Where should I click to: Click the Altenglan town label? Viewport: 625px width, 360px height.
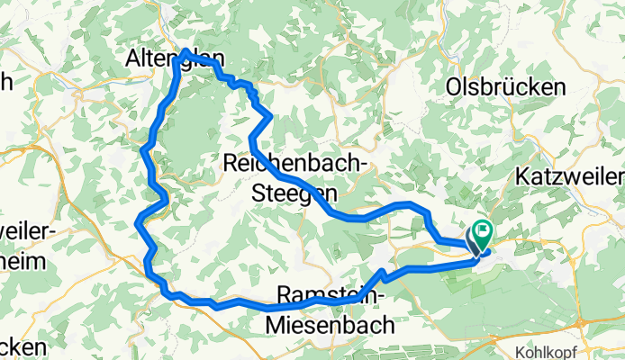tap(172, 58)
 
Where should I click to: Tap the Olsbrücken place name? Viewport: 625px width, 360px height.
tap(505, 86)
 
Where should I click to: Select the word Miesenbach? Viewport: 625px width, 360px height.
tap(331, 320)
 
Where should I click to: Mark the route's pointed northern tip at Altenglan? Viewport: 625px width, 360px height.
tap(186, 51)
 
